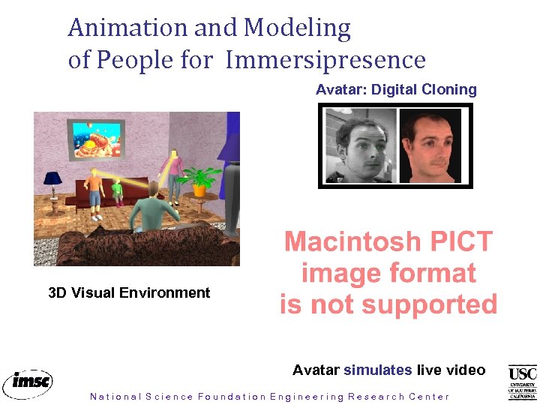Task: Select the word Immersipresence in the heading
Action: tap(325, 60)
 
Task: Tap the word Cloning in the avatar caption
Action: tap(448, 89)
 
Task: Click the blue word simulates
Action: tap(378, 370)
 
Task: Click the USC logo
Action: tap(522, 382)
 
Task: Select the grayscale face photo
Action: tap(358, 146)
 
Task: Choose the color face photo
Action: tap(433, 146)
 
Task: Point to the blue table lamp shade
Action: tap(52, 178)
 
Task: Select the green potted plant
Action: tap(199, 180)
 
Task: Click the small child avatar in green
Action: tap(117, 191)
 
